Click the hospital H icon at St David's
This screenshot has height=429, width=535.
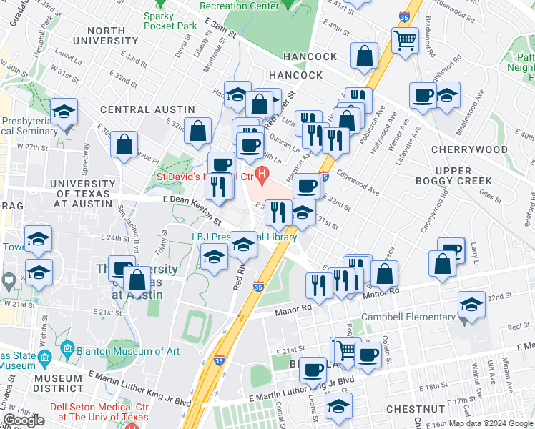263,174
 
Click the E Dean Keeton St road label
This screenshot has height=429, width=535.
182,202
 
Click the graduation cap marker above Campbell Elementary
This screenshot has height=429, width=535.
471,305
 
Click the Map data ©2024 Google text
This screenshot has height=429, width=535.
495,423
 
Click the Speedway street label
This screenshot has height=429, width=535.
86,161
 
